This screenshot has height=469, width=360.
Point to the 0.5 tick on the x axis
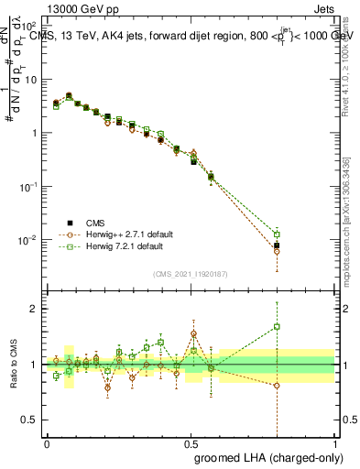point(191,442)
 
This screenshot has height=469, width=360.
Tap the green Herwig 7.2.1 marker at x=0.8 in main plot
point(277,234)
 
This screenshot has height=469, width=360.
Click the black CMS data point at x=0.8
point(277,245)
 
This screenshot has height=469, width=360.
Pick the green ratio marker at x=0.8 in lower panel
point(277,326)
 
